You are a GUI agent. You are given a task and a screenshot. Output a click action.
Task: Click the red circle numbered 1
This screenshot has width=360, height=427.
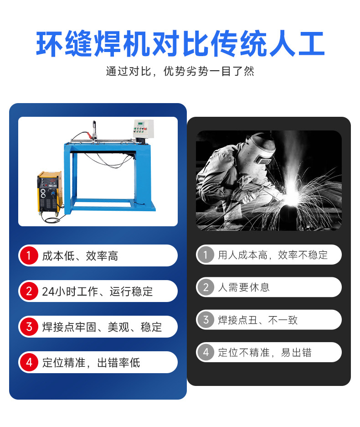click(29, 255)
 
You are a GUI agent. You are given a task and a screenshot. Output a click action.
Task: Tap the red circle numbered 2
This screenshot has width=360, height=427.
click(29, 291)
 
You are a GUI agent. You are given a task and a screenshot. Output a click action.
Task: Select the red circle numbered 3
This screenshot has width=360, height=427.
click(29, 327)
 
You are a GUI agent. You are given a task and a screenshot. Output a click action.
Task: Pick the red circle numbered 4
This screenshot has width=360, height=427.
click(29, 362)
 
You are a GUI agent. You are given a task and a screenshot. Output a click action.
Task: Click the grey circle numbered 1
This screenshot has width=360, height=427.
click(206, 255)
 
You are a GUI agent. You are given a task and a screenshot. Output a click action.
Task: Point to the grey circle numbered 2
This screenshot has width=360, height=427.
click(206, 287)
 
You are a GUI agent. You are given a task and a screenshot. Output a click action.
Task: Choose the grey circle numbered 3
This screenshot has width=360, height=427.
click(206, 319)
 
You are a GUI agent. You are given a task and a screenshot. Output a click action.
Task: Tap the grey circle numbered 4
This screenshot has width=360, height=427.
click(206, 352)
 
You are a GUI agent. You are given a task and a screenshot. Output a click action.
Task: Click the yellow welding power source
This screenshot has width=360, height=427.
click(50, 192)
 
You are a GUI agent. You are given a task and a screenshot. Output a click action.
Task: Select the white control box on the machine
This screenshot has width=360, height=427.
click(144, 128)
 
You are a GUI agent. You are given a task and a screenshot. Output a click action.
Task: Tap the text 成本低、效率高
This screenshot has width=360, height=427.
click(80, 256)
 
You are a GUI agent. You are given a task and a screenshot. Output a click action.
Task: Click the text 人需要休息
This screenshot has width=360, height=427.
click(243, 287)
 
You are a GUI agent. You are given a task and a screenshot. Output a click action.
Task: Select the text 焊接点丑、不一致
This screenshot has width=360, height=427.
click(257, 320)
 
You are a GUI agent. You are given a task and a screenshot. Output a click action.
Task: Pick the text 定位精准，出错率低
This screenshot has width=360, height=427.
click(91, 363)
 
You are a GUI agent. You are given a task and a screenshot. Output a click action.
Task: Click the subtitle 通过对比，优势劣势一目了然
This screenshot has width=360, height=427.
click(180, 71)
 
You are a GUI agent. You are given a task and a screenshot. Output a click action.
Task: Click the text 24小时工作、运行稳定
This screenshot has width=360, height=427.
click(98, 292)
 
